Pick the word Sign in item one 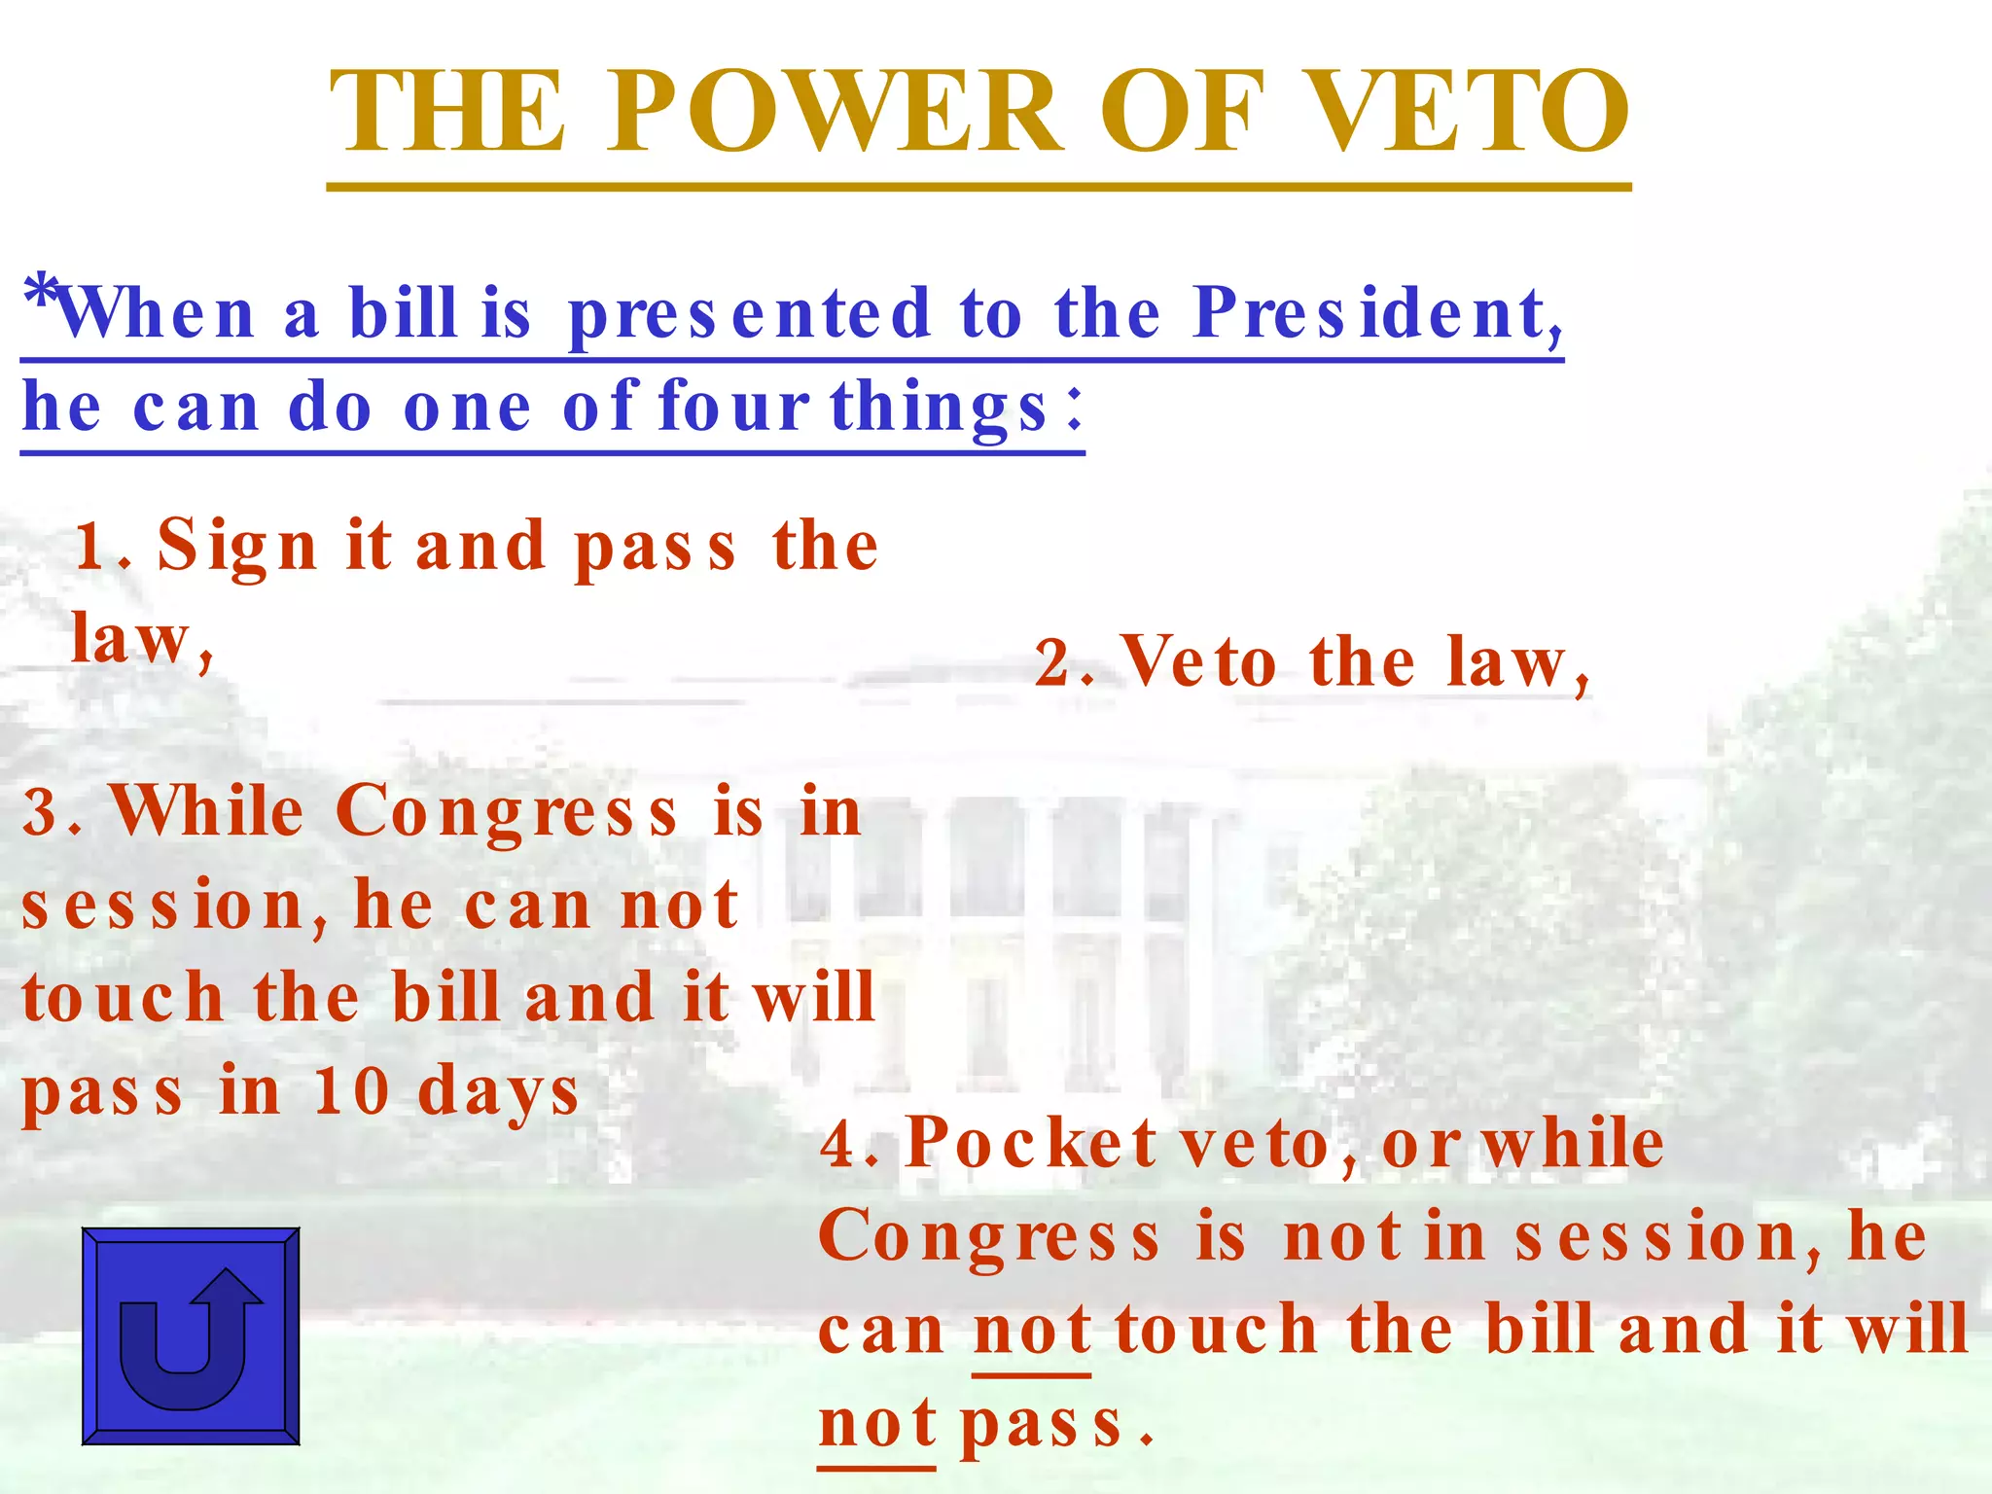tap(237, 547)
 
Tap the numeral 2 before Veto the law tap(1052, 664)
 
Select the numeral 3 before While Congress tap(40, 813)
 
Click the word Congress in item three tap(506, 813)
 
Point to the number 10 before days tap(351, 1091)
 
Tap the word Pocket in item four tap(1032, 1144)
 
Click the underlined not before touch tap(1032, 1331)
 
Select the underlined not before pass tap(877, 1424)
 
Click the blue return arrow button tap(191, 1335)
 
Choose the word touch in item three tap(124, 999)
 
